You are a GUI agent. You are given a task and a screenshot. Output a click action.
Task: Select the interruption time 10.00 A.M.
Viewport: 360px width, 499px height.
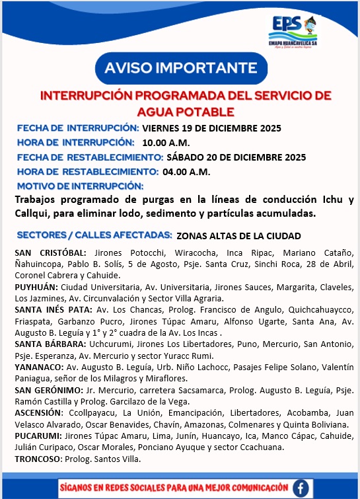[x=166, y=142]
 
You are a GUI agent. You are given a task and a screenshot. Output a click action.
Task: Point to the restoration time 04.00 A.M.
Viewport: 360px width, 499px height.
[x=186, y=172]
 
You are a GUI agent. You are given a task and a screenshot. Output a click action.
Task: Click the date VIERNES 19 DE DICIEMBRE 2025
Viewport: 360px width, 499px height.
[x=211, y=128]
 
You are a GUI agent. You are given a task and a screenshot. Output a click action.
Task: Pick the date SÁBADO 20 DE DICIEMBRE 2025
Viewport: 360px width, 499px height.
[x=236, y=157]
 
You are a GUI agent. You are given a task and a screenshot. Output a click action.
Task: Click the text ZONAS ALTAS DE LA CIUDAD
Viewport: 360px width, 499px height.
[x=238, y=235]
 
